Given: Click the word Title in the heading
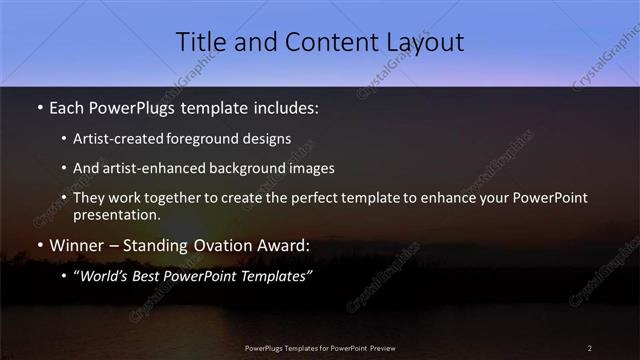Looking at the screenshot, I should click(x=201, y=42).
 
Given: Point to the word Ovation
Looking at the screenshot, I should click(x=220, y=245).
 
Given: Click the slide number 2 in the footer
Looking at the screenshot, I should click(x=590, y=347).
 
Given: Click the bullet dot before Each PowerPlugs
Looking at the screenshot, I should click(x=39, y=107).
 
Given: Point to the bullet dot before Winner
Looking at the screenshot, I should click(x=39, y=245).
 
